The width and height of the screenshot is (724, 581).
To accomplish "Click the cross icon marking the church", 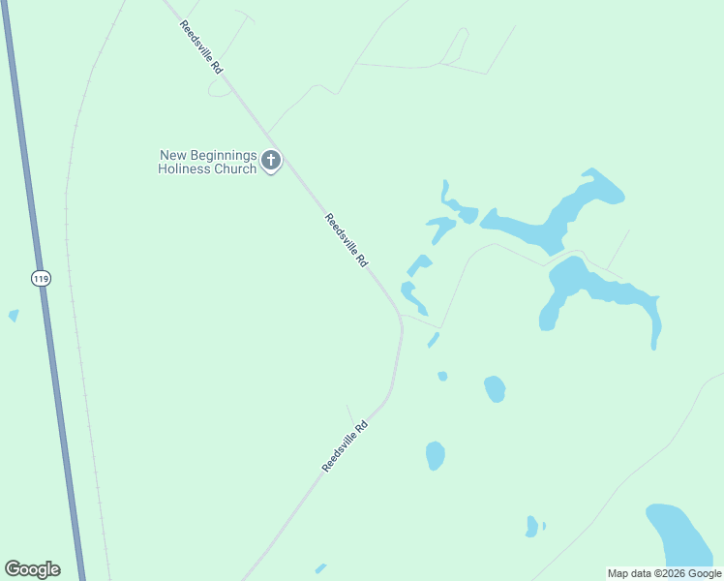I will click(271, 161).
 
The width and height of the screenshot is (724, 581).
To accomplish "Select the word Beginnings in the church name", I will click(222, 155).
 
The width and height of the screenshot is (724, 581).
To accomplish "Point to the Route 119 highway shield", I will click(40, 279).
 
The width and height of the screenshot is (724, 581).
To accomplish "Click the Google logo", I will click(32, 569).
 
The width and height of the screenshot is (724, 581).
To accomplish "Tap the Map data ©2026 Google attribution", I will click(664, 573).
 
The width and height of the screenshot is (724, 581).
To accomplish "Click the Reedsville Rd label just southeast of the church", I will click(346, 240).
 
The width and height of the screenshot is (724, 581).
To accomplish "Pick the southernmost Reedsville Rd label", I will click(345, 446).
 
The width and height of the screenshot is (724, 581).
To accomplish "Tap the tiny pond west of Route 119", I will click(14, 315).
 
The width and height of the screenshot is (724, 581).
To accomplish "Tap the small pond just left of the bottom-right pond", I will click(531, 526).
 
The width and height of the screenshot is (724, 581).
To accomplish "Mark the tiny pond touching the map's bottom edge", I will click(320, 568).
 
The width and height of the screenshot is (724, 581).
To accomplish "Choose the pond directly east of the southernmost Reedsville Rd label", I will click(435, 454).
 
